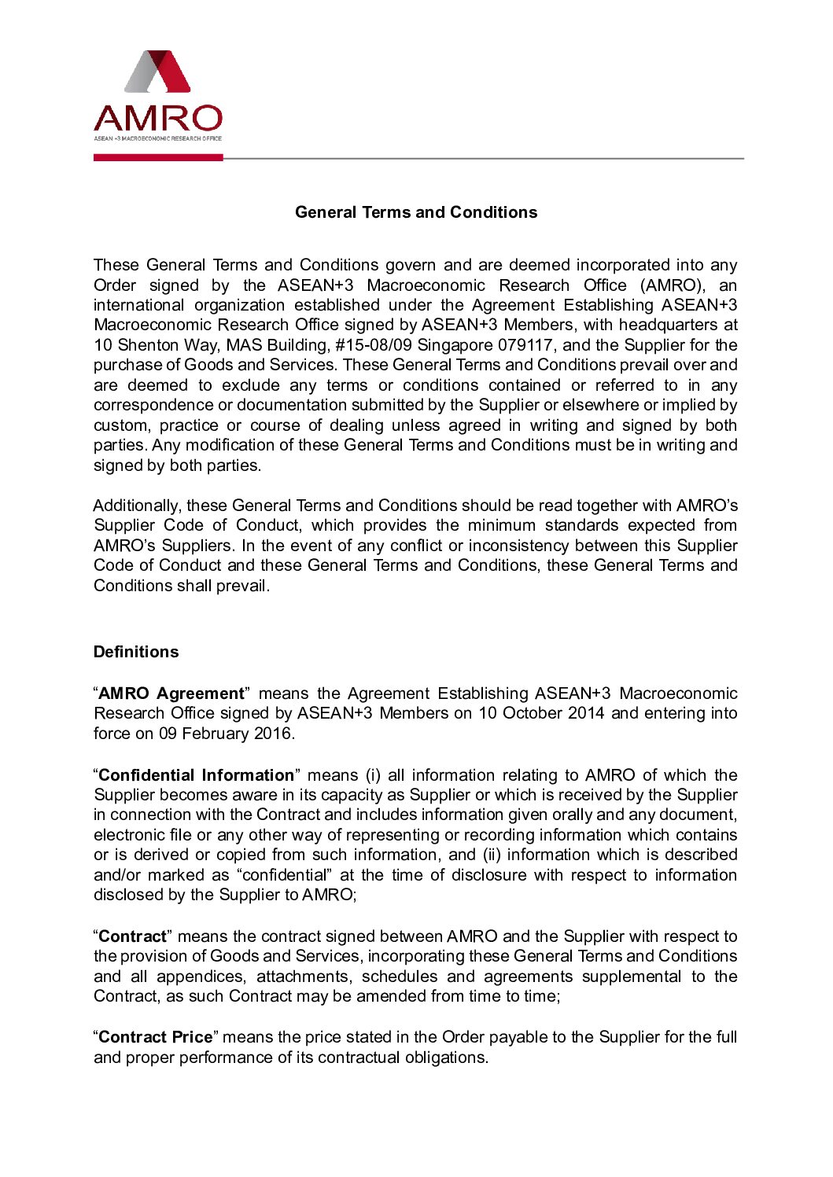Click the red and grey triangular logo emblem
point(158,72)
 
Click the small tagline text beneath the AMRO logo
point(158,138)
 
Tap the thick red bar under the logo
point(158,157)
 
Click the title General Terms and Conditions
point(416,212)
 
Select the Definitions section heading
point(136,652)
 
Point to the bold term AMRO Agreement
point(171,693)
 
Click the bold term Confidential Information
point(196,775)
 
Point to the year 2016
point(273,734)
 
